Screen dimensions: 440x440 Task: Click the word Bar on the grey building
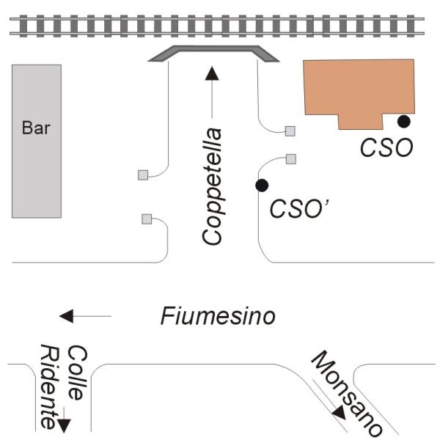[36, 128]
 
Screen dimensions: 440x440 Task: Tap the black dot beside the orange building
[403, 121]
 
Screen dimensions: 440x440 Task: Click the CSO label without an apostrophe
[386, 147]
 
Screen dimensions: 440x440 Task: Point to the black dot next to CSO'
[260, 186]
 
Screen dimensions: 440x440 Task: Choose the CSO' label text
[298, 208]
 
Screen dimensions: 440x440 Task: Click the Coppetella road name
[213, 186]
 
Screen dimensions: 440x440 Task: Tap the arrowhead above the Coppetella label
[212, 73]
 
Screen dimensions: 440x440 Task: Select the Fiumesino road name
[218, 317]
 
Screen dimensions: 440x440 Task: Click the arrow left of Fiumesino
[68, 316]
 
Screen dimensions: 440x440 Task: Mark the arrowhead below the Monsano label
[339, 414]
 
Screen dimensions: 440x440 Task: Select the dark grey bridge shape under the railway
[213, 53]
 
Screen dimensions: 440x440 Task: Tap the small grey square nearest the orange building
[290, 131]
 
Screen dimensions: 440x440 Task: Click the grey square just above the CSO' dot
[290, 158]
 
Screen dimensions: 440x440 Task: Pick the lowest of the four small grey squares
[147, 219]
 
